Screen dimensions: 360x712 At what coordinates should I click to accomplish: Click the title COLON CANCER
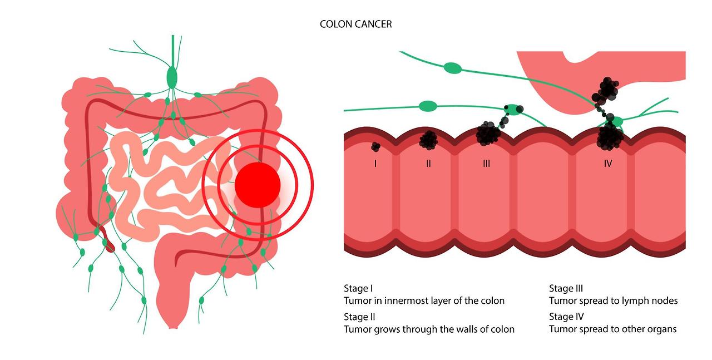(x=356, y=24)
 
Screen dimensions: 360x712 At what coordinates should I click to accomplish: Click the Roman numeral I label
(x=375, y=164)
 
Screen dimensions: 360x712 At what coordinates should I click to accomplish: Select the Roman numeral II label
(x=428, y=164)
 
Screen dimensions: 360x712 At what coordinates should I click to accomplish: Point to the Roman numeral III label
(x=487, y=164)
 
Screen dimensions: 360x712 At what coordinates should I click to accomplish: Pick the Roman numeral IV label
(x=608, y=164)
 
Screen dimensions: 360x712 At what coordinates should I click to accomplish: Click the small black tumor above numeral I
(x=375, y=147)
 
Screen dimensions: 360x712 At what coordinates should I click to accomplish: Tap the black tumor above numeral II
(x=428, y=139)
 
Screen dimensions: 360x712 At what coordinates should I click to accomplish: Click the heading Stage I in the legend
(x=358, y=288)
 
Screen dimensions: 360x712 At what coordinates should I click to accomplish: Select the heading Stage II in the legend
(x=359, y=317)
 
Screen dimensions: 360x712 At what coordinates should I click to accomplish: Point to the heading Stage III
(x=566, y=288)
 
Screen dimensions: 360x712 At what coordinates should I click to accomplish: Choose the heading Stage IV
(x=566, y=317)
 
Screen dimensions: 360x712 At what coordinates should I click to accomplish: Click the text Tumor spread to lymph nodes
(x=613, y=300)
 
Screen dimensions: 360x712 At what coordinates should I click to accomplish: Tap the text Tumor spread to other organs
(x=612, y=329)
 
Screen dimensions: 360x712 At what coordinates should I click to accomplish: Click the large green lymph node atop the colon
(x=172, y=77)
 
